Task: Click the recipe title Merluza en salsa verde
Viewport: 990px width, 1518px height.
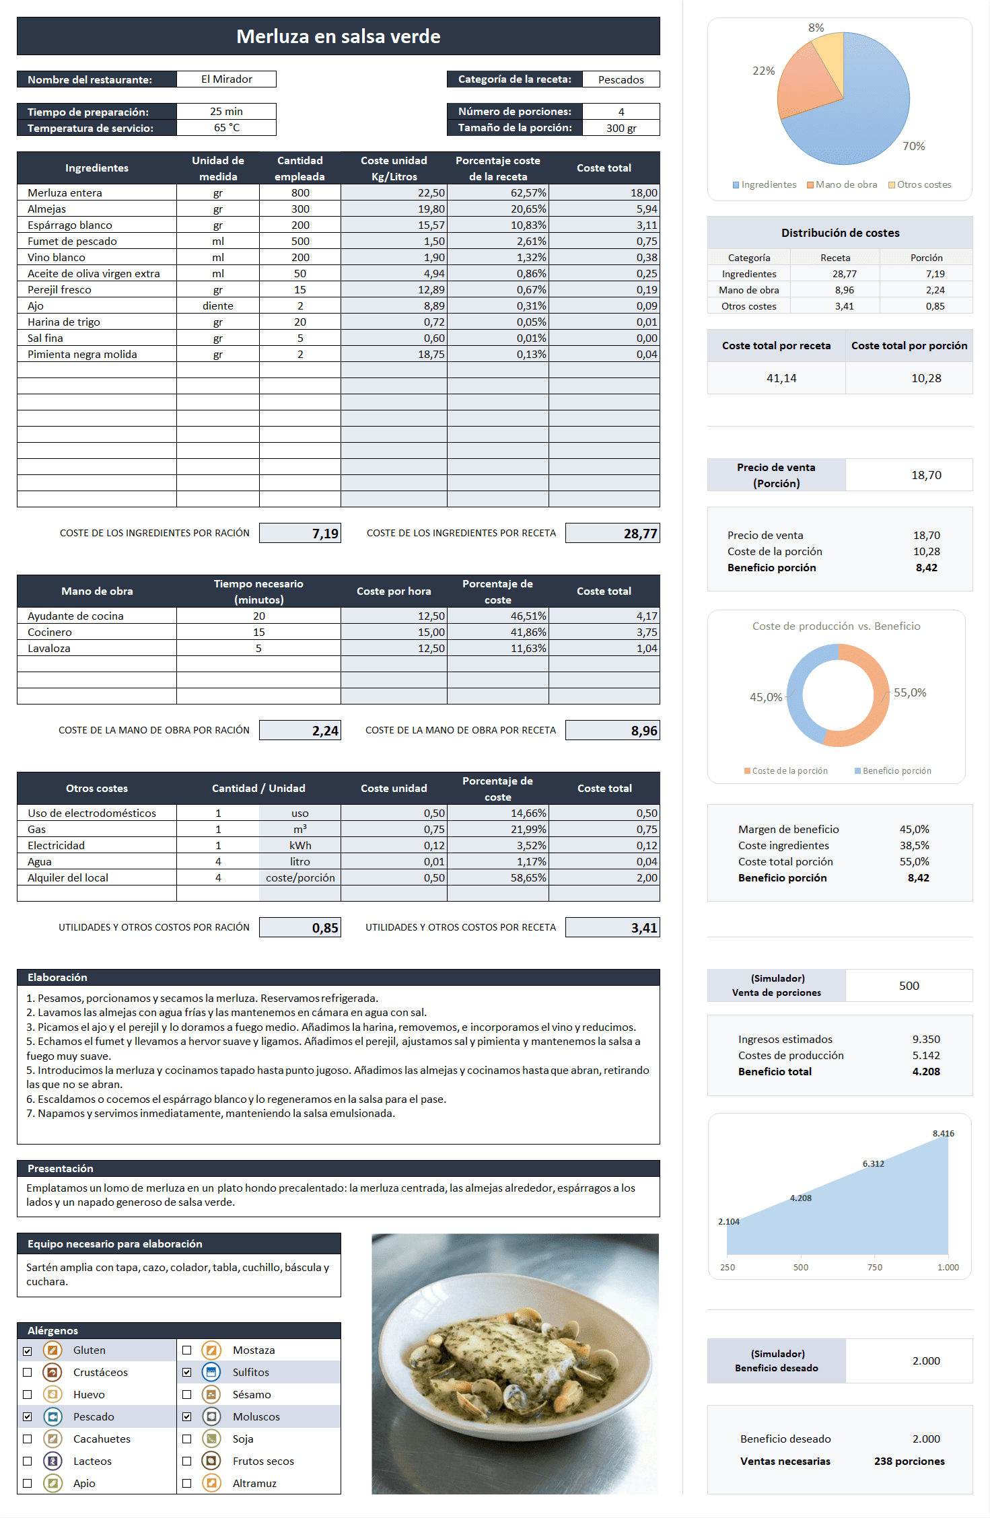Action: coord(338,36)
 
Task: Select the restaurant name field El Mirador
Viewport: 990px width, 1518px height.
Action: coord(226,79)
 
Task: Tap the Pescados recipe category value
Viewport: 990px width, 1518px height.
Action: coord(621,79)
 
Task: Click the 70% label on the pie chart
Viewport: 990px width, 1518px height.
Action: coord(913,146)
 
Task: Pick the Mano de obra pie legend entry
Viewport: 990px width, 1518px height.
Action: coord(842,184)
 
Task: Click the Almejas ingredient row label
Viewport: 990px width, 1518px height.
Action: coord(46,209)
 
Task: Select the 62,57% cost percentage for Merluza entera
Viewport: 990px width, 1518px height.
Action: coord(528,193)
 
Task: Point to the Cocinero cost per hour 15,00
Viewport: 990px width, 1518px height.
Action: coord(431,632)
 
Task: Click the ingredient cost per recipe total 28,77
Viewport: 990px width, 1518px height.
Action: coord(640,534)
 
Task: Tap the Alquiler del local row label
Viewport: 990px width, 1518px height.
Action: coord(67,878)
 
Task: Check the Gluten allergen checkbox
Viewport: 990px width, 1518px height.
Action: coord(28,1350)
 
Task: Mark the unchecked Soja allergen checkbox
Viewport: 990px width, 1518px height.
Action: coord(187,1439)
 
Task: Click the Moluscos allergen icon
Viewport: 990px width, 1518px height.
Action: coord(211,1417)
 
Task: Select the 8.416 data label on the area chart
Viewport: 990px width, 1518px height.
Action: coord(943,1133)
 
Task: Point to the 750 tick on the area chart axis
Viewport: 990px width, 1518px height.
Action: coord(874,1267)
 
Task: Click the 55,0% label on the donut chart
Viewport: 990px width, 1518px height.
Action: coord(910,692)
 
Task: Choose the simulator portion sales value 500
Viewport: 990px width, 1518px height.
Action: coord(909,986)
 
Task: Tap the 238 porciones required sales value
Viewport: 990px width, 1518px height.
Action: coord(909,1461)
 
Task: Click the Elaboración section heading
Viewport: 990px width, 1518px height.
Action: coord(57,978)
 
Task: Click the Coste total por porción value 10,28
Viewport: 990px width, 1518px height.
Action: coord(926,378)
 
